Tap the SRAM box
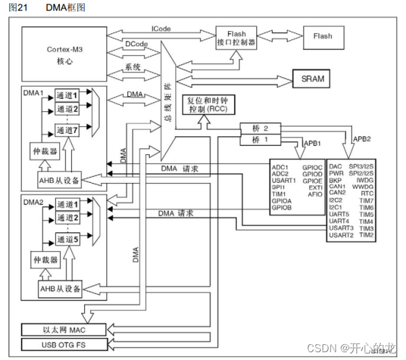(x=312, y=79)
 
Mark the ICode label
(x=162, y=30)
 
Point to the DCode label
(x=136, y=44)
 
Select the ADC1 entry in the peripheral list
(x=281, y=167)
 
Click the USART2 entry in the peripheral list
(x=342, y=235)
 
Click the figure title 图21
(x=16, y=7)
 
